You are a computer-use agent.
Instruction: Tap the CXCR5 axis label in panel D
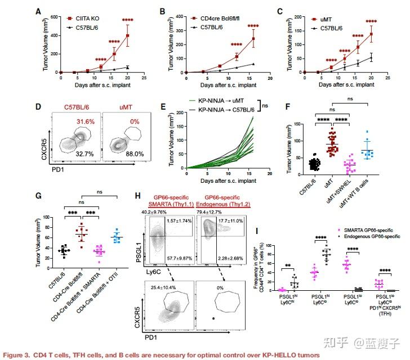(x=43, y=136)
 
